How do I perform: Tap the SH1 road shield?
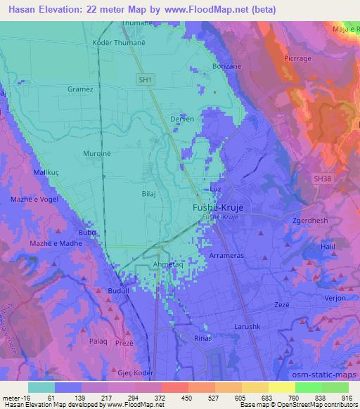pos(145,81)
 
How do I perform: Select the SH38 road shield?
pos(321,179)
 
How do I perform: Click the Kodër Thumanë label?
pos(117,42)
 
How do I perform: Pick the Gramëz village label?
pos(80,90)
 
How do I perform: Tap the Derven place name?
pos(182,119)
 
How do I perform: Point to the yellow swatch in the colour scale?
pos(282,387)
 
